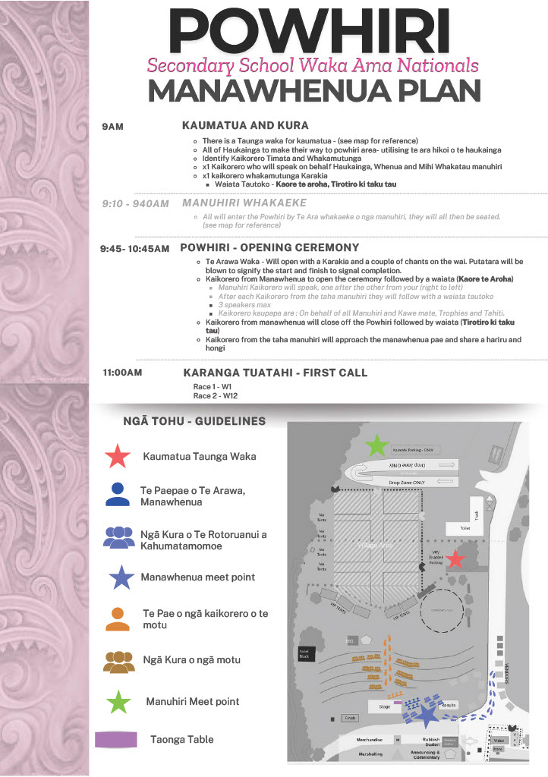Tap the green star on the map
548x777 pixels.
coord(376,445)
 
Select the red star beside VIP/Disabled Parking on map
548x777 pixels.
coord(455,560)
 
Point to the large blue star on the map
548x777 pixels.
coord(427,715)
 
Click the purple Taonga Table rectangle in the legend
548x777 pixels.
coord(116,739)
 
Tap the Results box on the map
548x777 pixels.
coord(448,705)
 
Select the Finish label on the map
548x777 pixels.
coord(350,718)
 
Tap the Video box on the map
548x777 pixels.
coord(499,740)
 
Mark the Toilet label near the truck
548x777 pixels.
coord(465,527)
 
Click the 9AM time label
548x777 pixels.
coord(112,127)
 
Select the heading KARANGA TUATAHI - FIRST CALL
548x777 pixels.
coord(275,373)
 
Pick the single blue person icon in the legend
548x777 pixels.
coord(118,494)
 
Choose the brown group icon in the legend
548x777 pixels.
coord(119,662)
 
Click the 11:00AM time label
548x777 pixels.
coord(121,373)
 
